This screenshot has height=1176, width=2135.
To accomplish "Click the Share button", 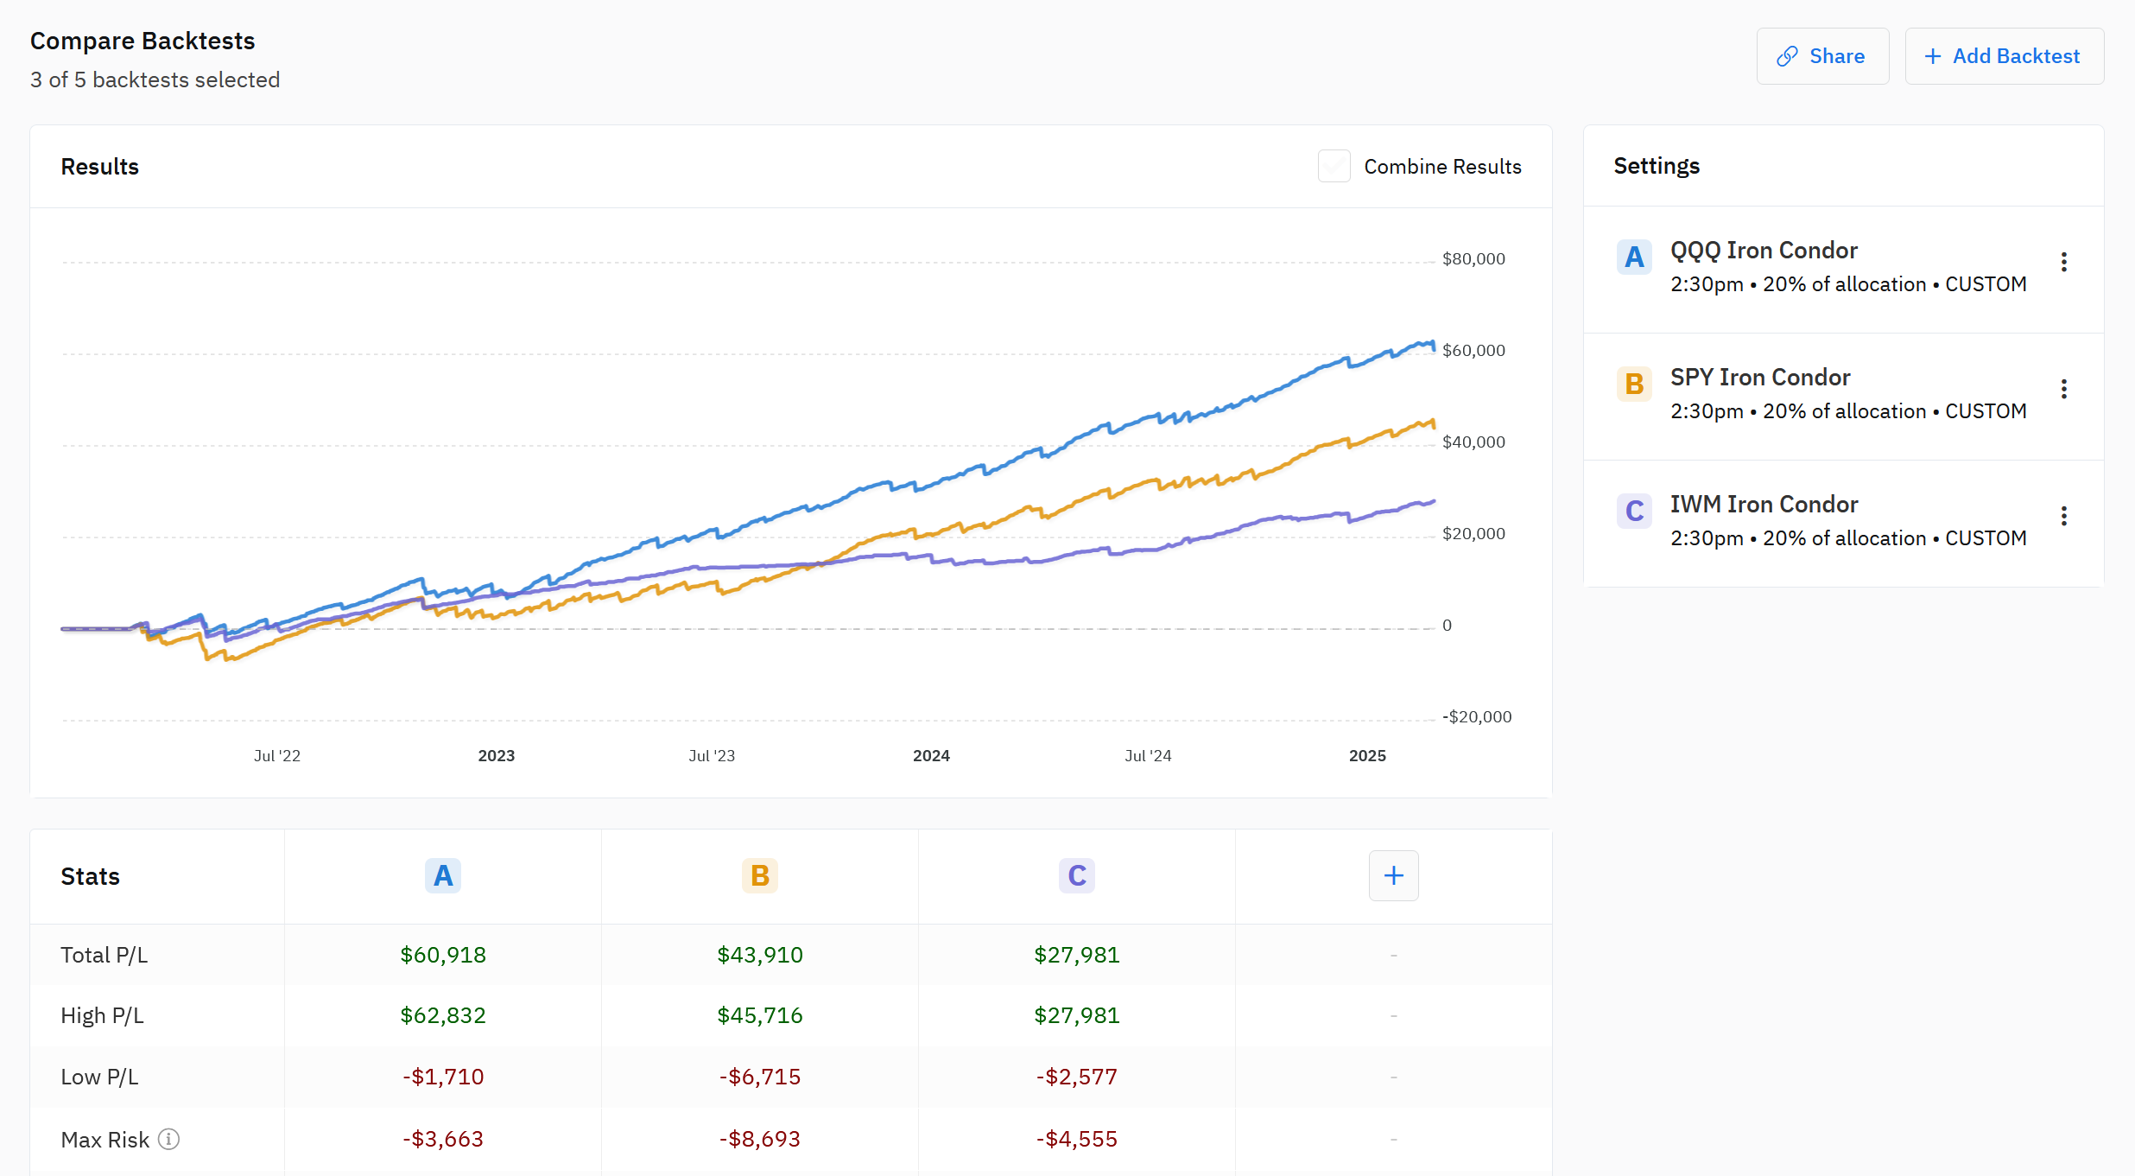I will [1822, 56].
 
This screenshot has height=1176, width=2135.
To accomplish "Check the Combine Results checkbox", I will [1334, 166].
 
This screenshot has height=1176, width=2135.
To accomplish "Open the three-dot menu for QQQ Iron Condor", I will [2063, 262].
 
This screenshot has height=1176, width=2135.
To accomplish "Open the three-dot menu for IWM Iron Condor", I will [2063, 516].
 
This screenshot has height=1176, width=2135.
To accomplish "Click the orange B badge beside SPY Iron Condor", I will [1633, 384].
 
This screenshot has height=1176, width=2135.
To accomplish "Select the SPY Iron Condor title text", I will [1759, 378].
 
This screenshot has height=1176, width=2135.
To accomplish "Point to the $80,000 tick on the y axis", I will [1473, 259].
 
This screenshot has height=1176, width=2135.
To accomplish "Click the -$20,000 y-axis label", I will [1476, 717].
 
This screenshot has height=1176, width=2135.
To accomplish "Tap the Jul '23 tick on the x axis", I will [712, 756].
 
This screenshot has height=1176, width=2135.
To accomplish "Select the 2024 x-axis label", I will [931, 756].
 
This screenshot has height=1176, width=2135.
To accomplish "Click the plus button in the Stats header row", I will [1393, 876].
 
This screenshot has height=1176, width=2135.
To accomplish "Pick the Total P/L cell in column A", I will [443, 955].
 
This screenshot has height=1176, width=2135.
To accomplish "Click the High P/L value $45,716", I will [760, 1015].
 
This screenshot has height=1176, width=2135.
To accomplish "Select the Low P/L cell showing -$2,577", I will [1076, 1077].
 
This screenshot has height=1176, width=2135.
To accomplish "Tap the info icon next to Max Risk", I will [169, 1140].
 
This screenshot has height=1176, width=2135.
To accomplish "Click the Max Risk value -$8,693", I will [760, 1139].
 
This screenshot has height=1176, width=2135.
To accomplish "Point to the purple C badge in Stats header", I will [1076, 876].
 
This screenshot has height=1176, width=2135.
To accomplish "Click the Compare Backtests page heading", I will [143, 41].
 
